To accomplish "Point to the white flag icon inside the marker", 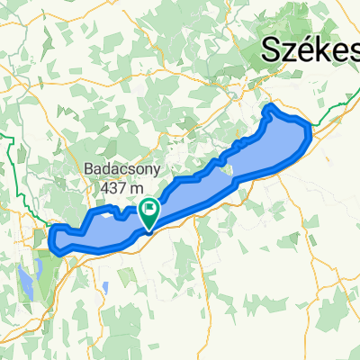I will click(x=148, y=211).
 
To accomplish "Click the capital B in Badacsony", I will click(x=87, y=168).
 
